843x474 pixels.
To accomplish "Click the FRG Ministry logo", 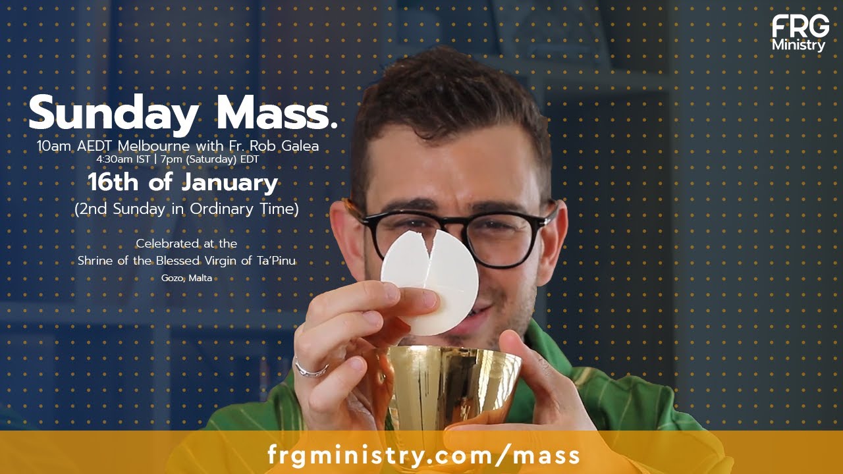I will [x=800, y=33].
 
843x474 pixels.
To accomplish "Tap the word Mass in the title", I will [x=277, y=113].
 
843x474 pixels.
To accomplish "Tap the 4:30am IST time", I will [x=123, y=159].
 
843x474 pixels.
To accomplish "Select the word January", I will [x=230, y=183].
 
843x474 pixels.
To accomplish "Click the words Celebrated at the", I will [x=186, y=244].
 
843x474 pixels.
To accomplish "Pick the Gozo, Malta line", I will [x=186, y=278].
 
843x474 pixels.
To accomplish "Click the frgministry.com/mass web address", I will [x=423, y=455].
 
